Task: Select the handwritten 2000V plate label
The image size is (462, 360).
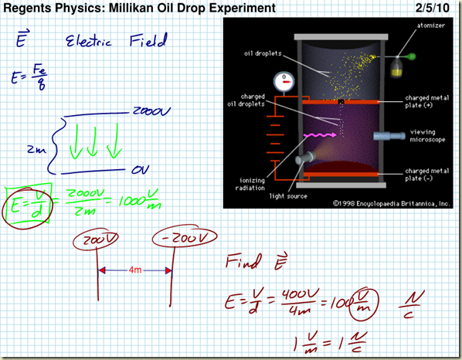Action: pos(158,110)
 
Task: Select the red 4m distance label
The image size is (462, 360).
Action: pos(134,270)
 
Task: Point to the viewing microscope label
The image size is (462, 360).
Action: pos(423,135)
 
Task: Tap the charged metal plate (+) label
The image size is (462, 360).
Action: pos(424,103)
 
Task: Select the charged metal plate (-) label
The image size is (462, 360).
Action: pos(424,174)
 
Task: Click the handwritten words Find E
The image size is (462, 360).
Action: pos(249,261)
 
